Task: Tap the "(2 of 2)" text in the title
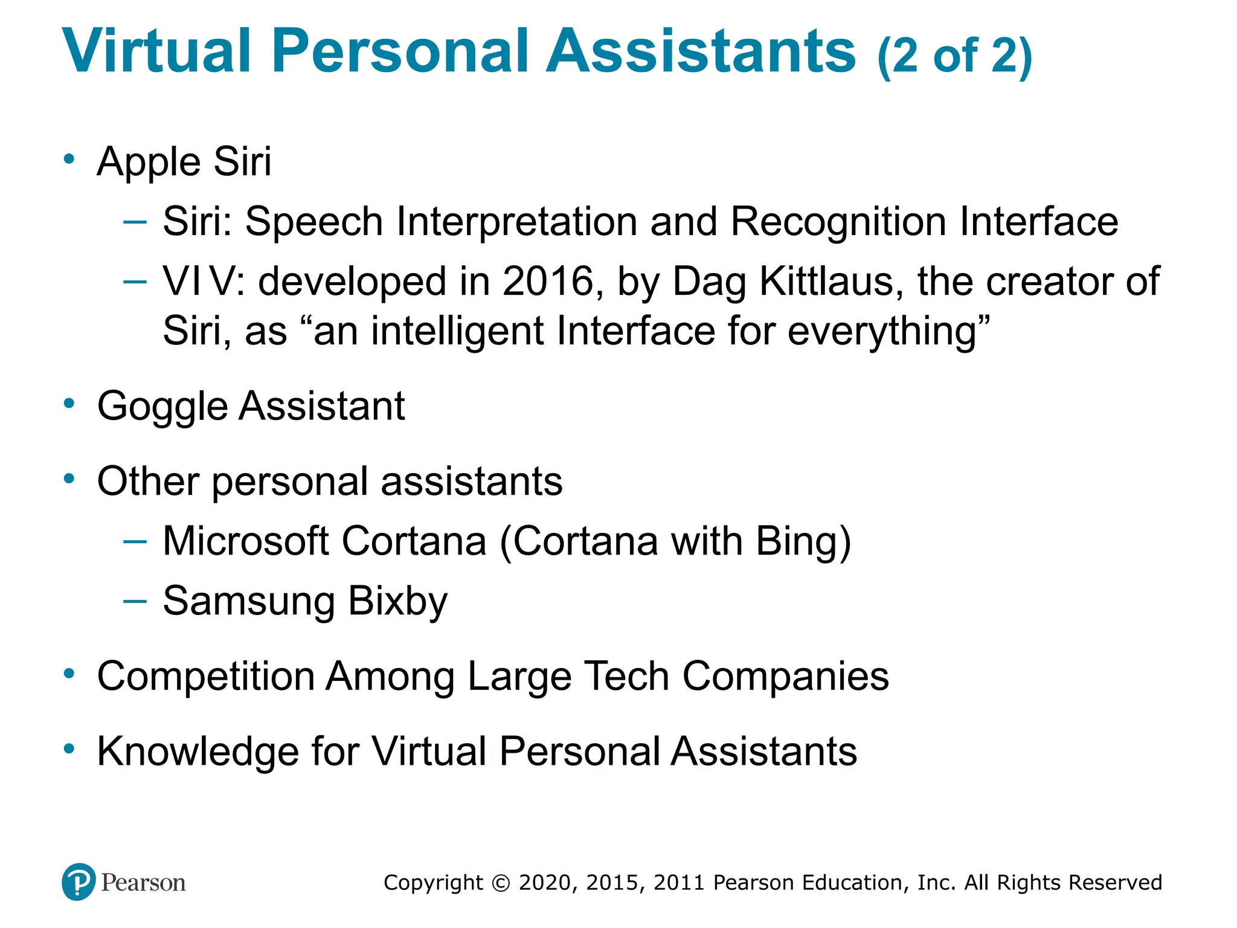click(x=954, y=56)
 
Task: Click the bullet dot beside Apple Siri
click(x=69, y=159)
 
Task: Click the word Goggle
click(x=161, y=406)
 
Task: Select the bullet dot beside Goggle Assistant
click(x=69, y=404)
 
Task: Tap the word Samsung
click(x=249, y=602)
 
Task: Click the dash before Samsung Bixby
click(x=135, y=601)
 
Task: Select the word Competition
click(x=205, y=676)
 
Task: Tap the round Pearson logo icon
click(x=79, y=881)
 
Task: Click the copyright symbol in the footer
click(x=501, y=883)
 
